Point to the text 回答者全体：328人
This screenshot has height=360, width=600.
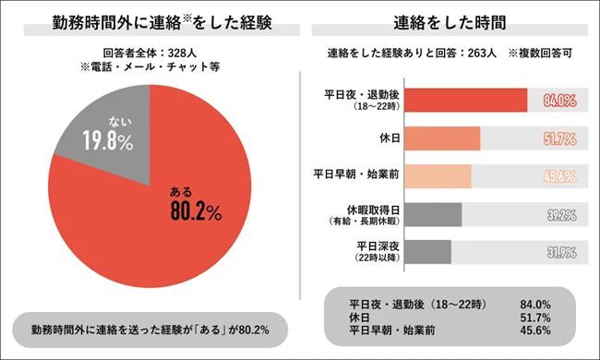point(151,54)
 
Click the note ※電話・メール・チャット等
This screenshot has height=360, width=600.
point(151,67)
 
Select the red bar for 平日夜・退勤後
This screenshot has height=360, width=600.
point(466,101)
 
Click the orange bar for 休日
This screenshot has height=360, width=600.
point(443,138)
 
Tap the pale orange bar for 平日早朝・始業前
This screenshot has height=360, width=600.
point(438,176)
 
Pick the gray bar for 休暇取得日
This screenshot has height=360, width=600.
point(434,214)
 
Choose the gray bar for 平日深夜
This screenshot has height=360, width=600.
point(428,252)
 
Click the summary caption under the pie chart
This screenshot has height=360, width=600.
point(151,329)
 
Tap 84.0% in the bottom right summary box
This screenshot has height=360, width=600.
point(535,303)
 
